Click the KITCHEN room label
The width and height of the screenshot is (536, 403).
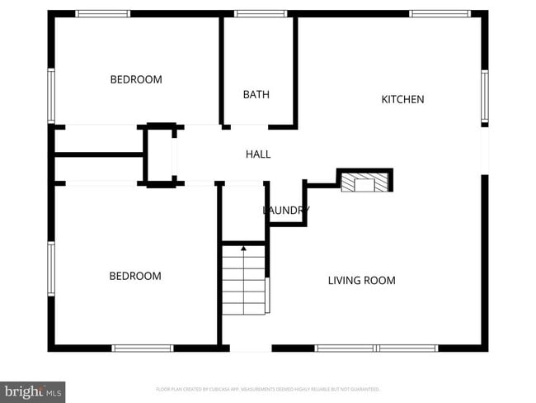point(402,100)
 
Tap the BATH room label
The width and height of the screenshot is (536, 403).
point(256,95)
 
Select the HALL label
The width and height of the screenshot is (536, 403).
point(258,154)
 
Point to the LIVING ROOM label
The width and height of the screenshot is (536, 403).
point(361,281)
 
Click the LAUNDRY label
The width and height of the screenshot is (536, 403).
point(285,211)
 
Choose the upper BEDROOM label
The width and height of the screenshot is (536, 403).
point(136,80)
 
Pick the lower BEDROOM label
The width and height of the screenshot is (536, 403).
point(135,276)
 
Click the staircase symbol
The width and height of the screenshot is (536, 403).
point(244,282)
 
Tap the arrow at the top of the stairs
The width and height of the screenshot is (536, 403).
point(243,248)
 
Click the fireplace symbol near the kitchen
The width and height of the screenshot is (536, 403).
point(364,182)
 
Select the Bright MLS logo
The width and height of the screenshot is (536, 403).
point(33,390)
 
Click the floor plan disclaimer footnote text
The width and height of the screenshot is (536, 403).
point(268,389)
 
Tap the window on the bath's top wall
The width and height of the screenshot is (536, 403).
point(261,14)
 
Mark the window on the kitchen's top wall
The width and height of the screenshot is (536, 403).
point(440,14)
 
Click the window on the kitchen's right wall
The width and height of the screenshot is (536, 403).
point(485,97)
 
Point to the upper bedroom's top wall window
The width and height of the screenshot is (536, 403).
point(103,14)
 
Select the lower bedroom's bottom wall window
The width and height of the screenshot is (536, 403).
point(143,348)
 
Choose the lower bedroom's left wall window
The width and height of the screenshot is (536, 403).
point(51,268)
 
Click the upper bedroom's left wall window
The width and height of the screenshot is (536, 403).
point(51,96)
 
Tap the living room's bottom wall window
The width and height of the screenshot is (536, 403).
point(377,348)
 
